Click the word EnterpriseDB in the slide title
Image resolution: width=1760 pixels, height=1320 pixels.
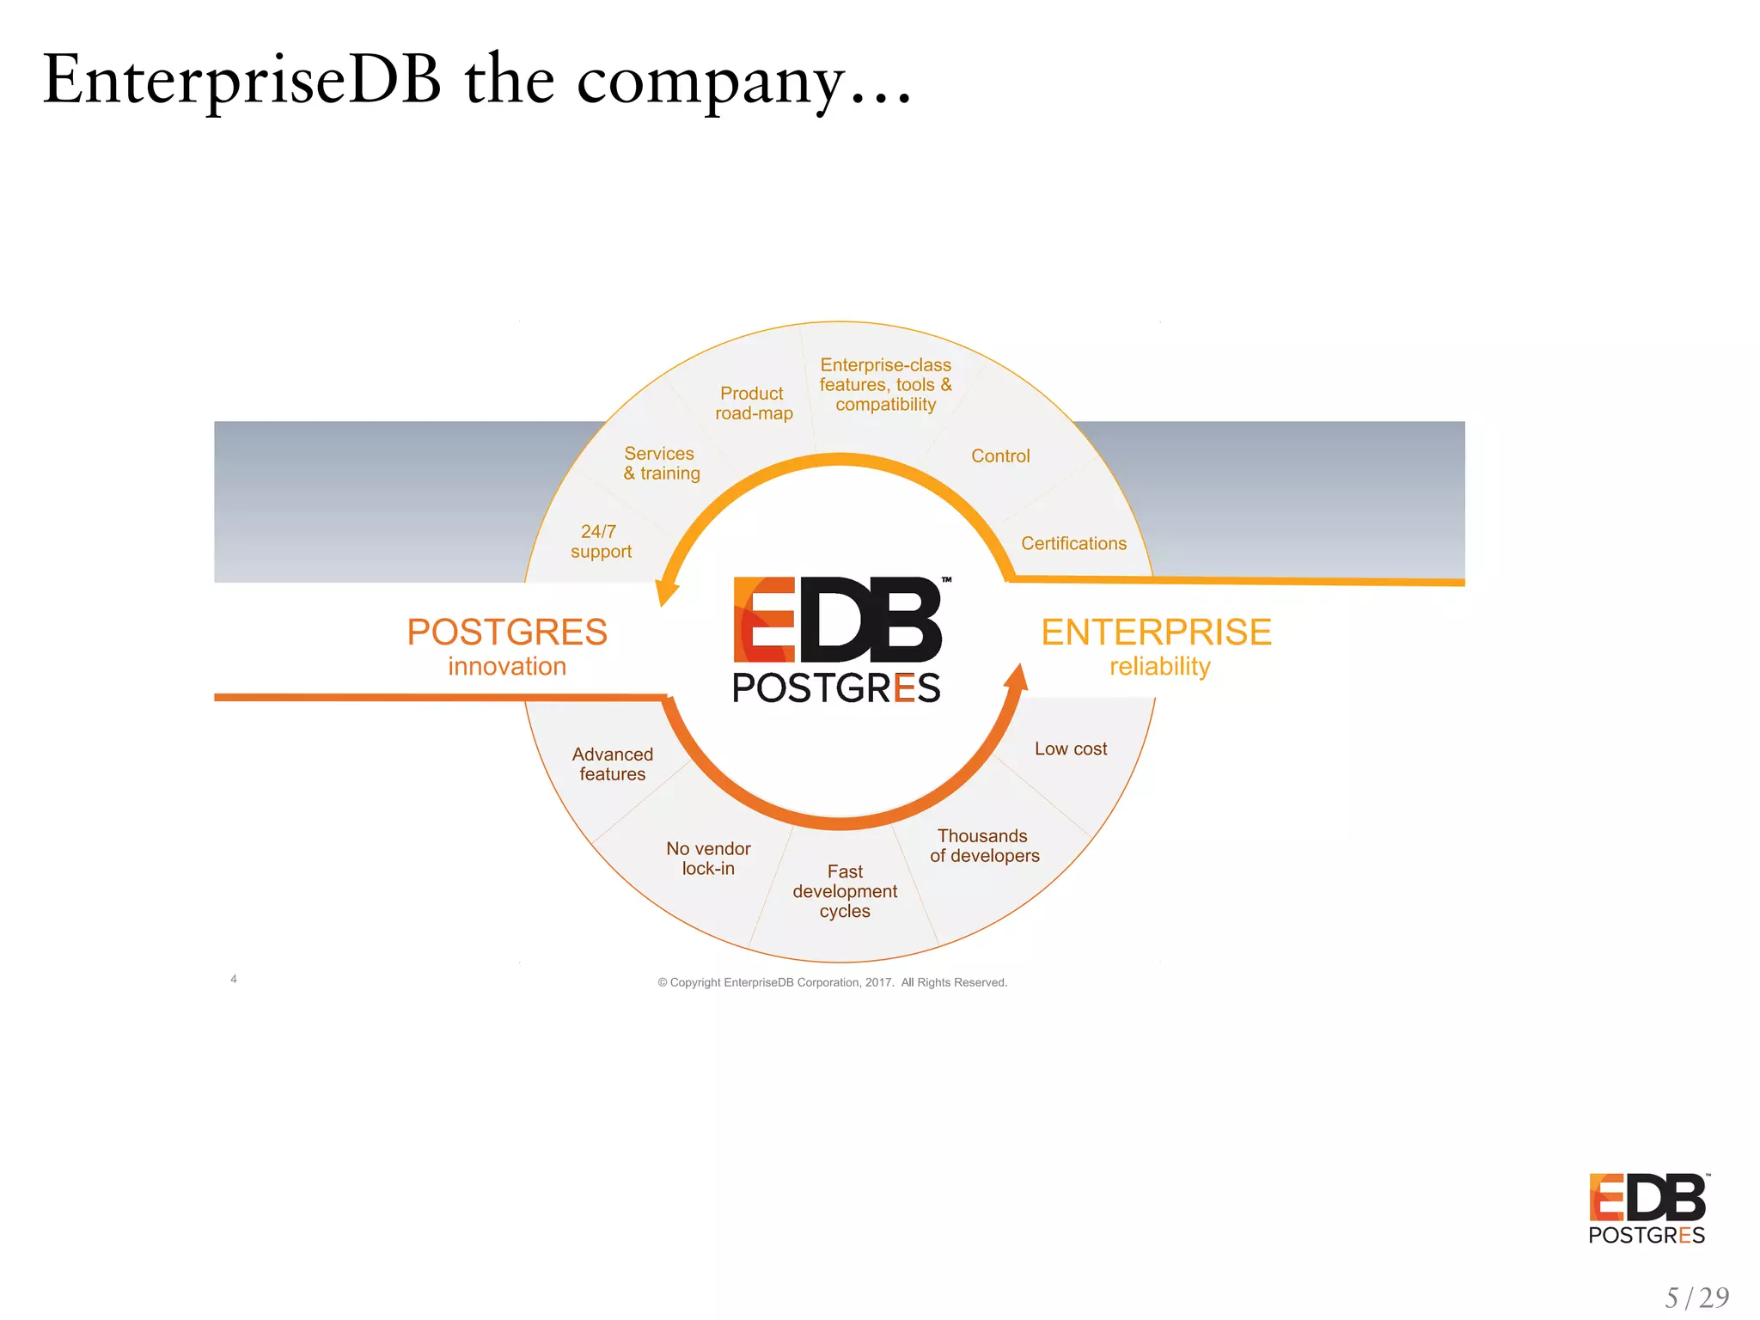(x=242, y=80)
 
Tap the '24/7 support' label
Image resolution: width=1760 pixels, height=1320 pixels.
(x=601, y=542)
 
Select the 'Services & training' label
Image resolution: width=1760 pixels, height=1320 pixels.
(x=661, y=464)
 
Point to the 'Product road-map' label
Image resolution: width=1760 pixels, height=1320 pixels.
(x=753, y=403)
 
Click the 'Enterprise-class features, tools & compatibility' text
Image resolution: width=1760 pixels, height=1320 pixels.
(x=885, y=385)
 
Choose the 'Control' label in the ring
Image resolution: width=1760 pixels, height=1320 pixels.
(x=1000, y=456)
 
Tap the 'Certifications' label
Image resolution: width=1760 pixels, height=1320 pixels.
(x=1073, y=544)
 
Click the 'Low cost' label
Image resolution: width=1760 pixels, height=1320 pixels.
(x=1071, y=749)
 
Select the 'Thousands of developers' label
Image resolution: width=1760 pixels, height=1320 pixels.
(x=984, y=846)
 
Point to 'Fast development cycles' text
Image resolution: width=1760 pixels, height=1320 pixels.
(x=845, y=891)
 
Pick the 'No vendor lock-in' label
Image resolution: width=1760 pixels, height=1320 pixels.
(x=708, y=859)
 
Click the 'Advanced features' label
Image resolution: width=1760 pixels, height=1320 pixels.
(x=613, y=764)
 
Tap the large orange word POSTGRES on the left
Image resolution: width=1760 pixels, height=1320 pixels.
(x=507, y=632)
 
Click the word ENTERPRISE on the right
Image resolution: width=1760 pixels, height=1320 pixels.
(x=1156, y=632)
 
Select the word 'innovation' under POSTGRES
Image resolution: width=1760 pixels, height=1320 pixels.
(x=507, y=667)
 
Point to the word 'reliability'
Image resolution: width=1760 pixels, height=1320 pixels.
(x=1159, y=667)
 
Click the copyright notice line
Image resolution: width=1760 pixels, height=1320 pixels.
(x=832, y=982)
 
